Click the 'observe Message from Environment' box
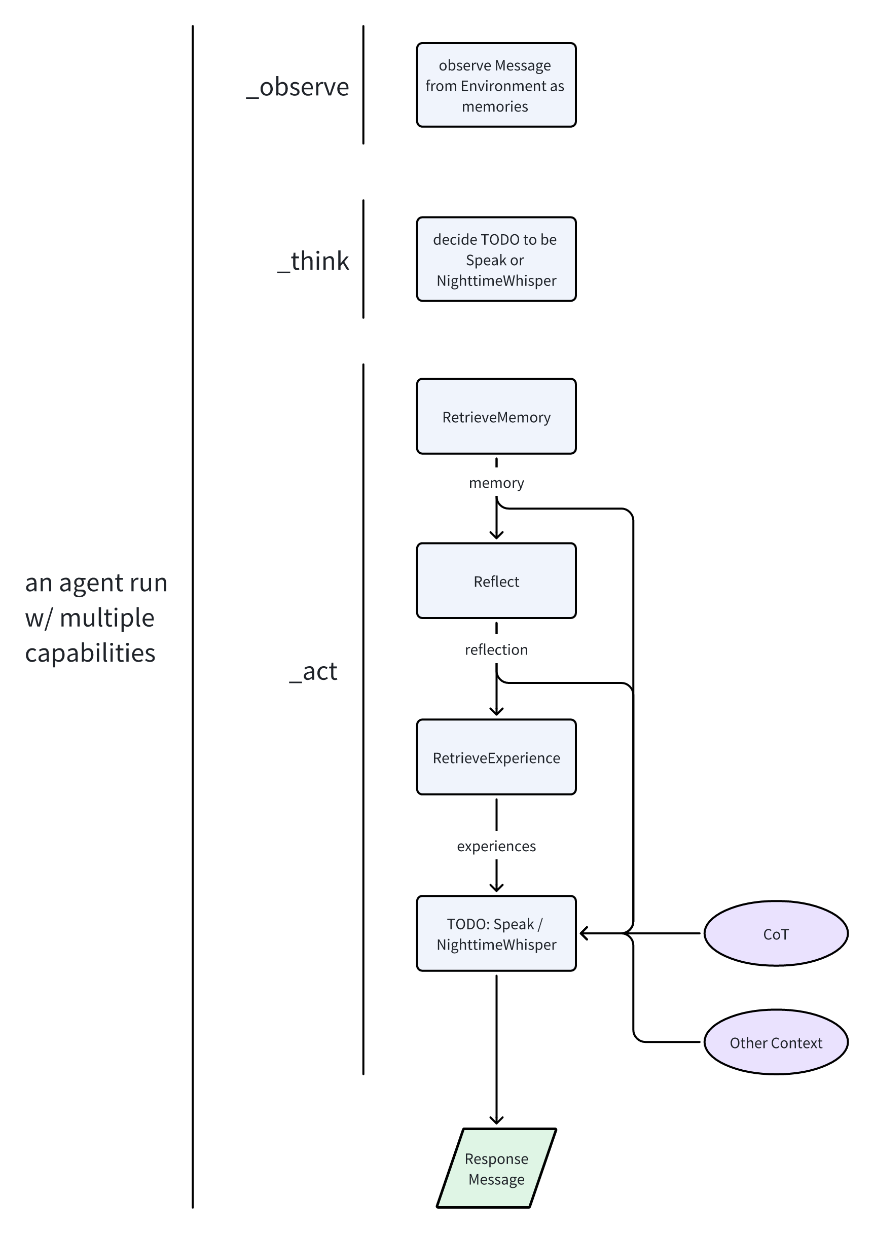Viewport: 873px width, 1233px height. point(496,85)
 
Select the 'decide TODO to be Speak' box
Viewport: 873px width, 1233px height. point(496,259)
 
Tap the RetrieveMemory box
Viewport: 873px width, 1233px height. point(496,417)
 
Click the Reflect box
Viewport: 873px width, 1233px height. point(496,581)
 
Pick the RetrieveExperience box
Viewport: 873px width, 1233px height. point(496,757)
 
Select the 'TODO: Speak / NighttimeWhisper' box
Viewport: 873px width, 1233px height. point(496,933)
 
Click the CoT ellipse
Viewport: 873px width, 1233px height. point(775,933)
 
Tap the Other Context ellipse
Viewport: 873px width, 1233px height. point(775,1042)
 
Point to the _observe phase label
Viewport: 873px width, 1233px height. point(298,87)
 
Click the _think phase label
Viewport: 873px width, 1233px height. point(313,261)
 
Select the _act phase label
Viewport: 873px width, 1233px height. point(313,671)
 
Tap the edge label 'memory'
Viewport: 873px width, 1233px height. point(496,483)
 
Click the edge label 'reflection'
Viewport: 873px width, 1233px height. point(496,649)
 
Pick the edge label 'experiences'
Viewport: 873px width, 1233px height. point(496,846)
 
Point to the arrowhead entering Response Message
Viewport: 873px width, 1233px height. point(496,1120)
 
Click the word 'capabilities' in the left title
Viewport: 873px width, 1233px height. point(90,653)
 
